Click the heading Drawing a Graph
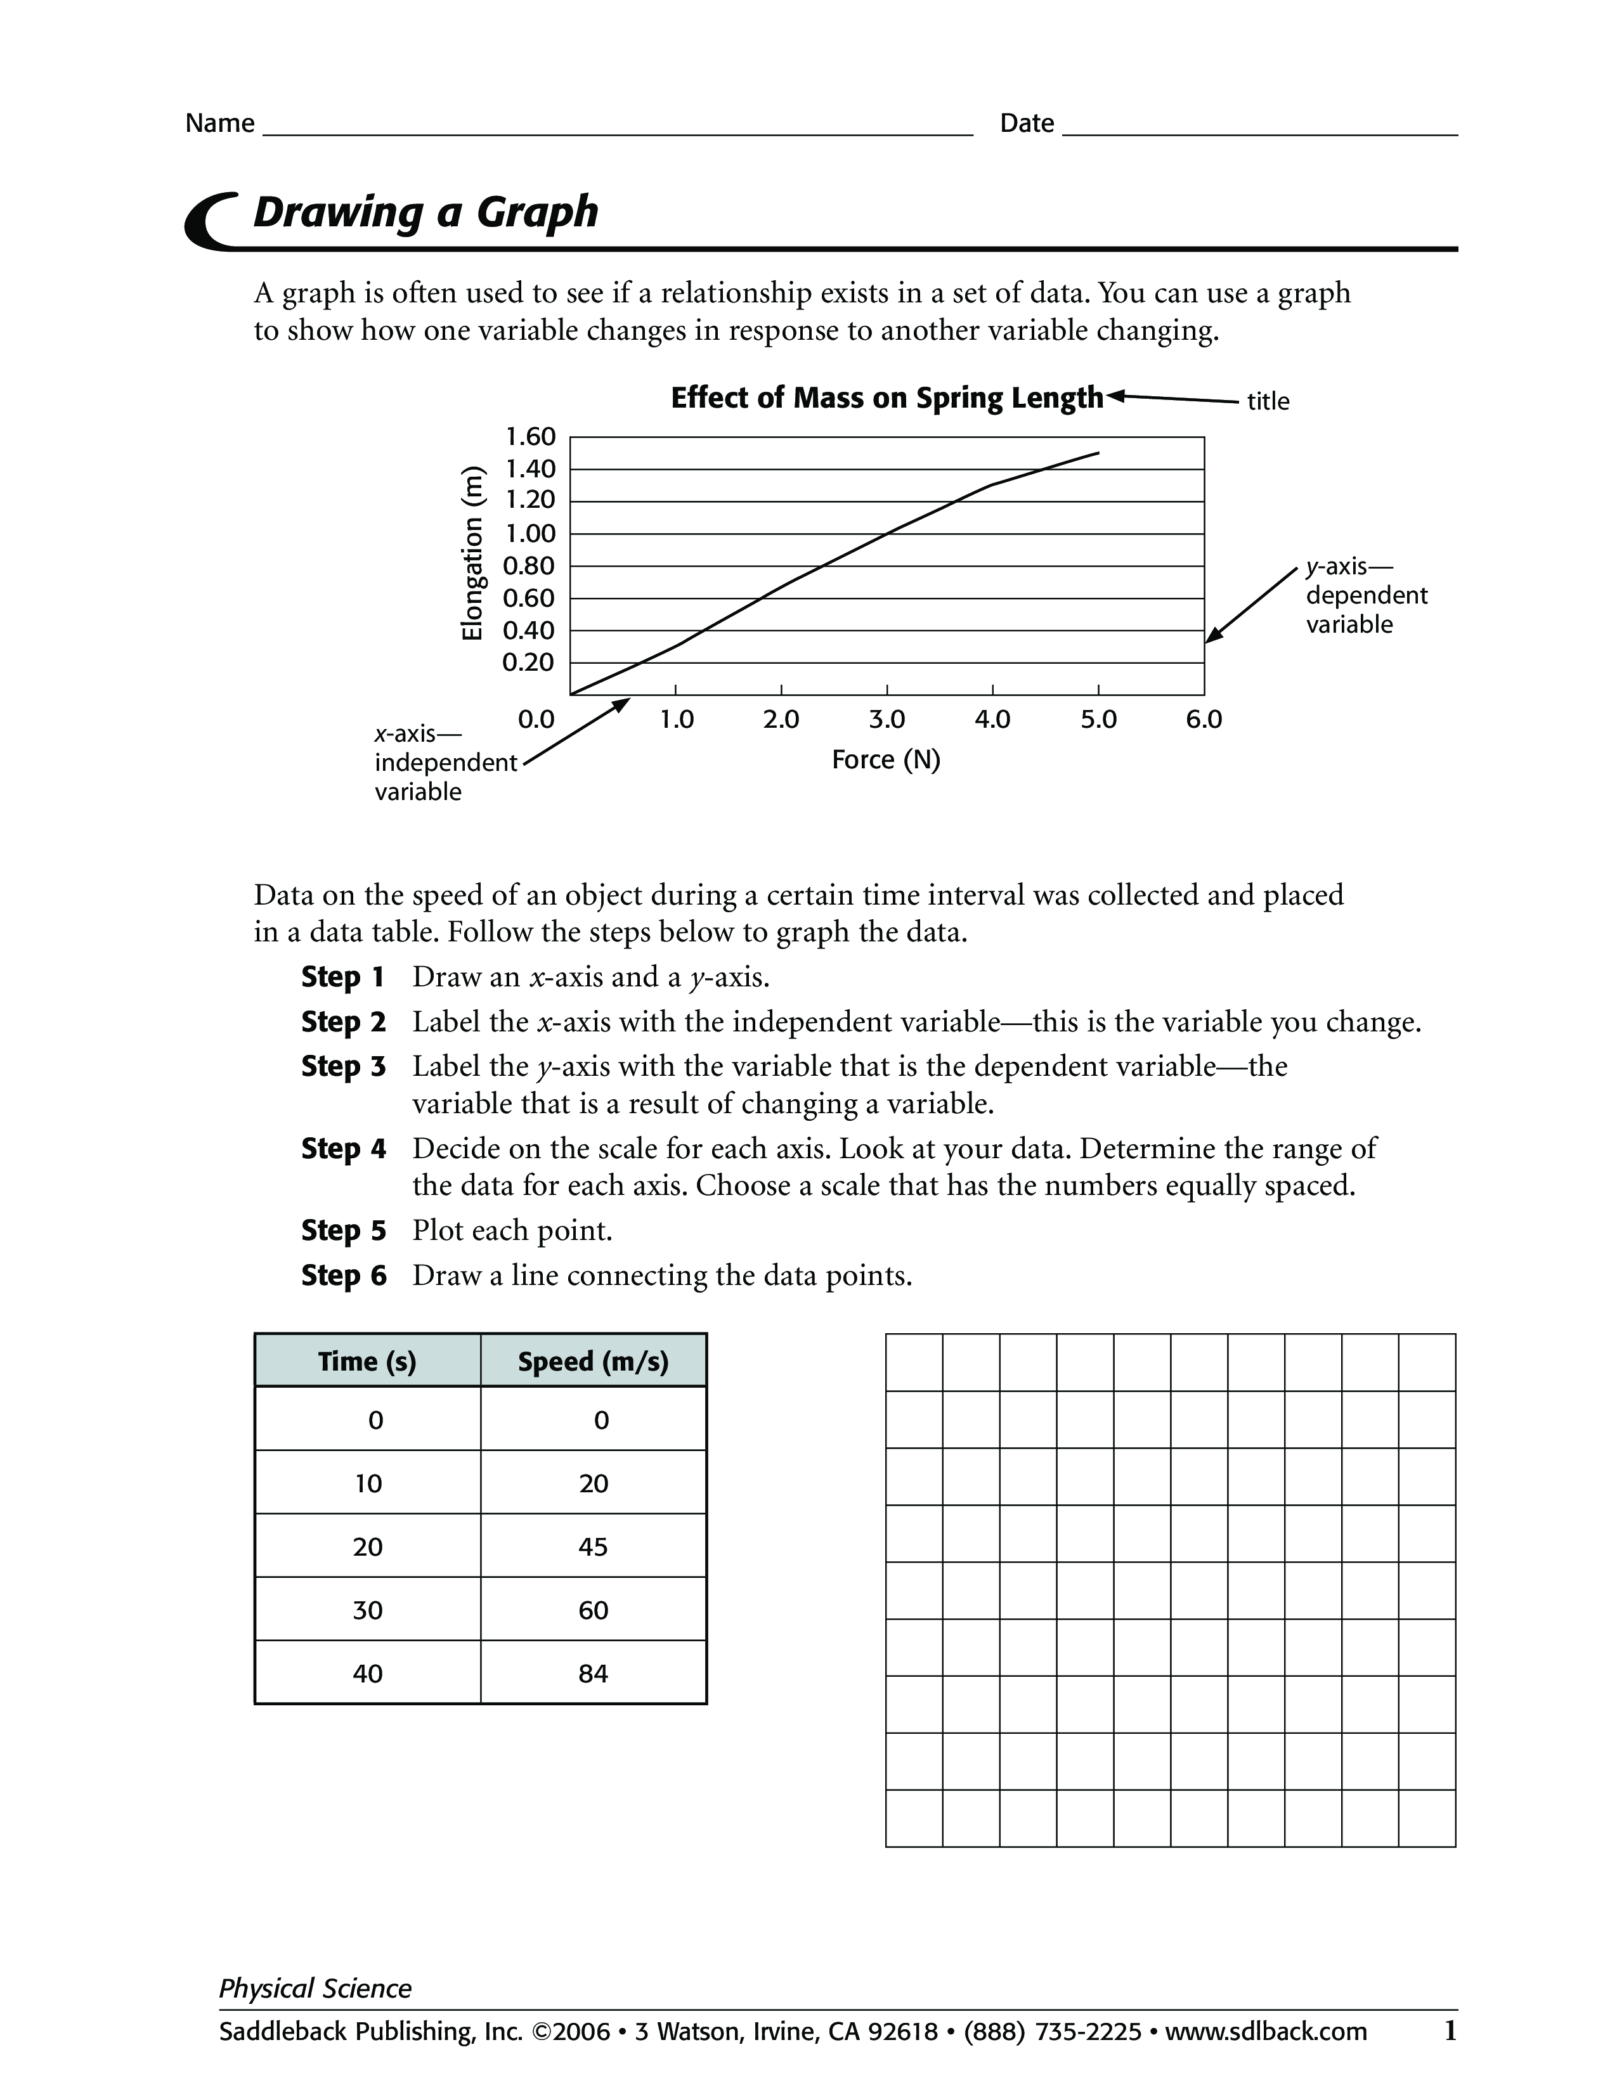click(x=425, y=212)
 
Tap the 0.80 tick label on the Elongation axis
click(x=529, y=566)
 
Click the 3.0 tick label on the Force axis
click(x=887, y=720)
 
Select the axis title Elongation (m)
click(x=471, y=553)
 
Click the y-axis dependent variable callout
click(x=1365, y=596)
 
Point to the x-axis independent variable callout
click(x=445, y=763)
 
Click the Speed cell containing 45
click(x=593, y=1546)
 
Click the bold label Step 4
click(x=343, y=1149)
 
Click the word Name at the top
click(x=219, y=124)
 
